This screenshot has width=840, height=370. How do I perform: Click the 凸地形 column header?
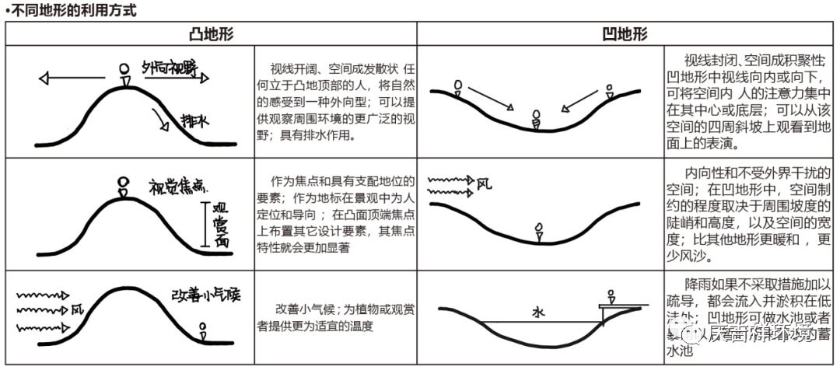tap(211, 34)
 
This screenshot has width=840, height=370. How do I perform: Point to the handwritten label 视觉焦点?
tap(178, 185)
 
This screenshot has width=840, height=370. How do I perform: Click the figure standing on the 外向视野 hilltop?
tap(124, 75)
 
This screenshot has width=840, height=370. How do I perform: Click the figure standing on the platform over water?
tap(612, 297)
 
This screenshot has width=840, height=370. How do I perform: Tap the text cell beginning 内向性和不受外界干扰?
tap(750, 215)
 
